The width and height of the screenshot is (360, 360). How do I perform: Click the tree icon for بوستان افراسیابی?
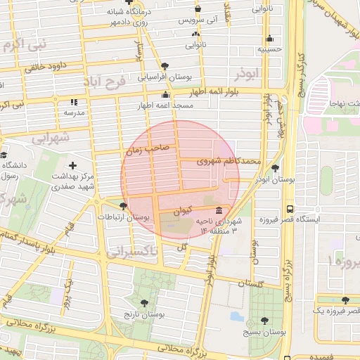[x=165, y=65]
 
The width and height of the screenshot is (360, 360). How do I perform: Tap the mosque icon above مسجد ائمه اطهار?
[x=166, y=94]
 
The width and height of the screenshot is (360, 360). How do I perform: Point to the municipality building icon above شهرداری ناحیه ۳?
[x=221, y=211]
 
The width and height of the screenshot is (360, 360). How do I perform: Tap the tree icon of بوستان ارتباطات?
[x=124, y=206]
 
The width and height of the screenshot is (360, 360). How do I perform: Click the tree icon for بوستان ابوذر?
[x=275, y=169]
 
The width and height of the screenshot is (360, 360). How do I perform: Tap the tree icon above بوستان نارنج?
[x=144, y=303]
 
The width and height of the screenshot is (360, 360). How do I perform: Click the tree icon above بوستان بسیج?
[x=266, y=319]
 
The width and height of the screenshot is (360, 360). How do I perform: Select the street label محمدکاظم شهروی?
[x=232, y=162]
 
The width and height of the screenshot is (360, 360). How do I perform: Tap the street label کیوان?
[x=181, y=209]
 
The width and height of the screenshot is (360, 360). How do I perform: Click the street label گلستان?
[x=250, y=283]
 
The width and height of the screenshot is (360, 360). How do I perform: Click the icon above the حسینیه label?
[x=270, y=39]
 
